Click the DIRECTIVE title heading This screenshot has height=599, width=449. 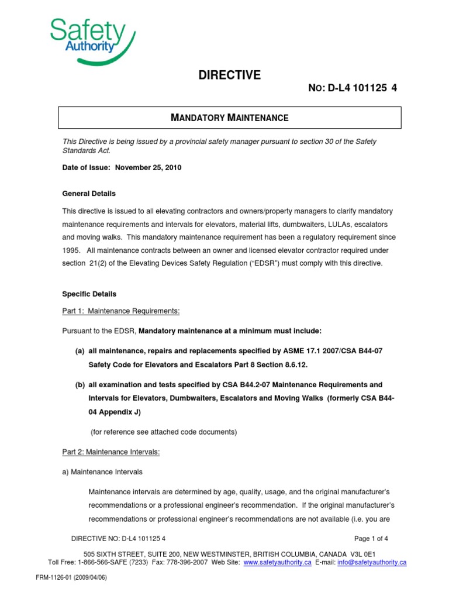pos(230,75)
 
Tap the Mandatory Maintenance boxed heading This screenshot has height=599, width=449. pos(230,118)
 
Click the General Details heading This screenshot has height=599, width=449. pos(89,193)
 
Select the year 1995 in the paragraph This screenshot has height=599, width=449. pos(71,250)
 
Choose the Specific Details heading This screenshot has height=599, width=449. pos(89,294)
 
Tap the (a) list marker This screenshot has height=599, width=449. pos(80,350)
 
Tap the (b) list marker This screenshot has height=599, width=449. pos(80,385)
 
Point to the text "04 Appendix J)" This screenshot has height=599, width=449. pos(115,411)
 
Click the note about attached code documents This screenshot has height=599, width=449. pos(163,432)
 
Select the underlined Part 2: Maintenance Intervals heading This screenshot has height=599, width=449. pos(111,452)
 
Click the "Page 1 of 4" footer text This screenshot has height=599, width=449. pos(371,539)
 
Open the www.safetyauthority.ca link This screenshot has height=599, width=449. pos(277,562)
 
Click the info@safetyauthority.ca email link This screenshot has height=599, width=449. pos(372,562)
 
